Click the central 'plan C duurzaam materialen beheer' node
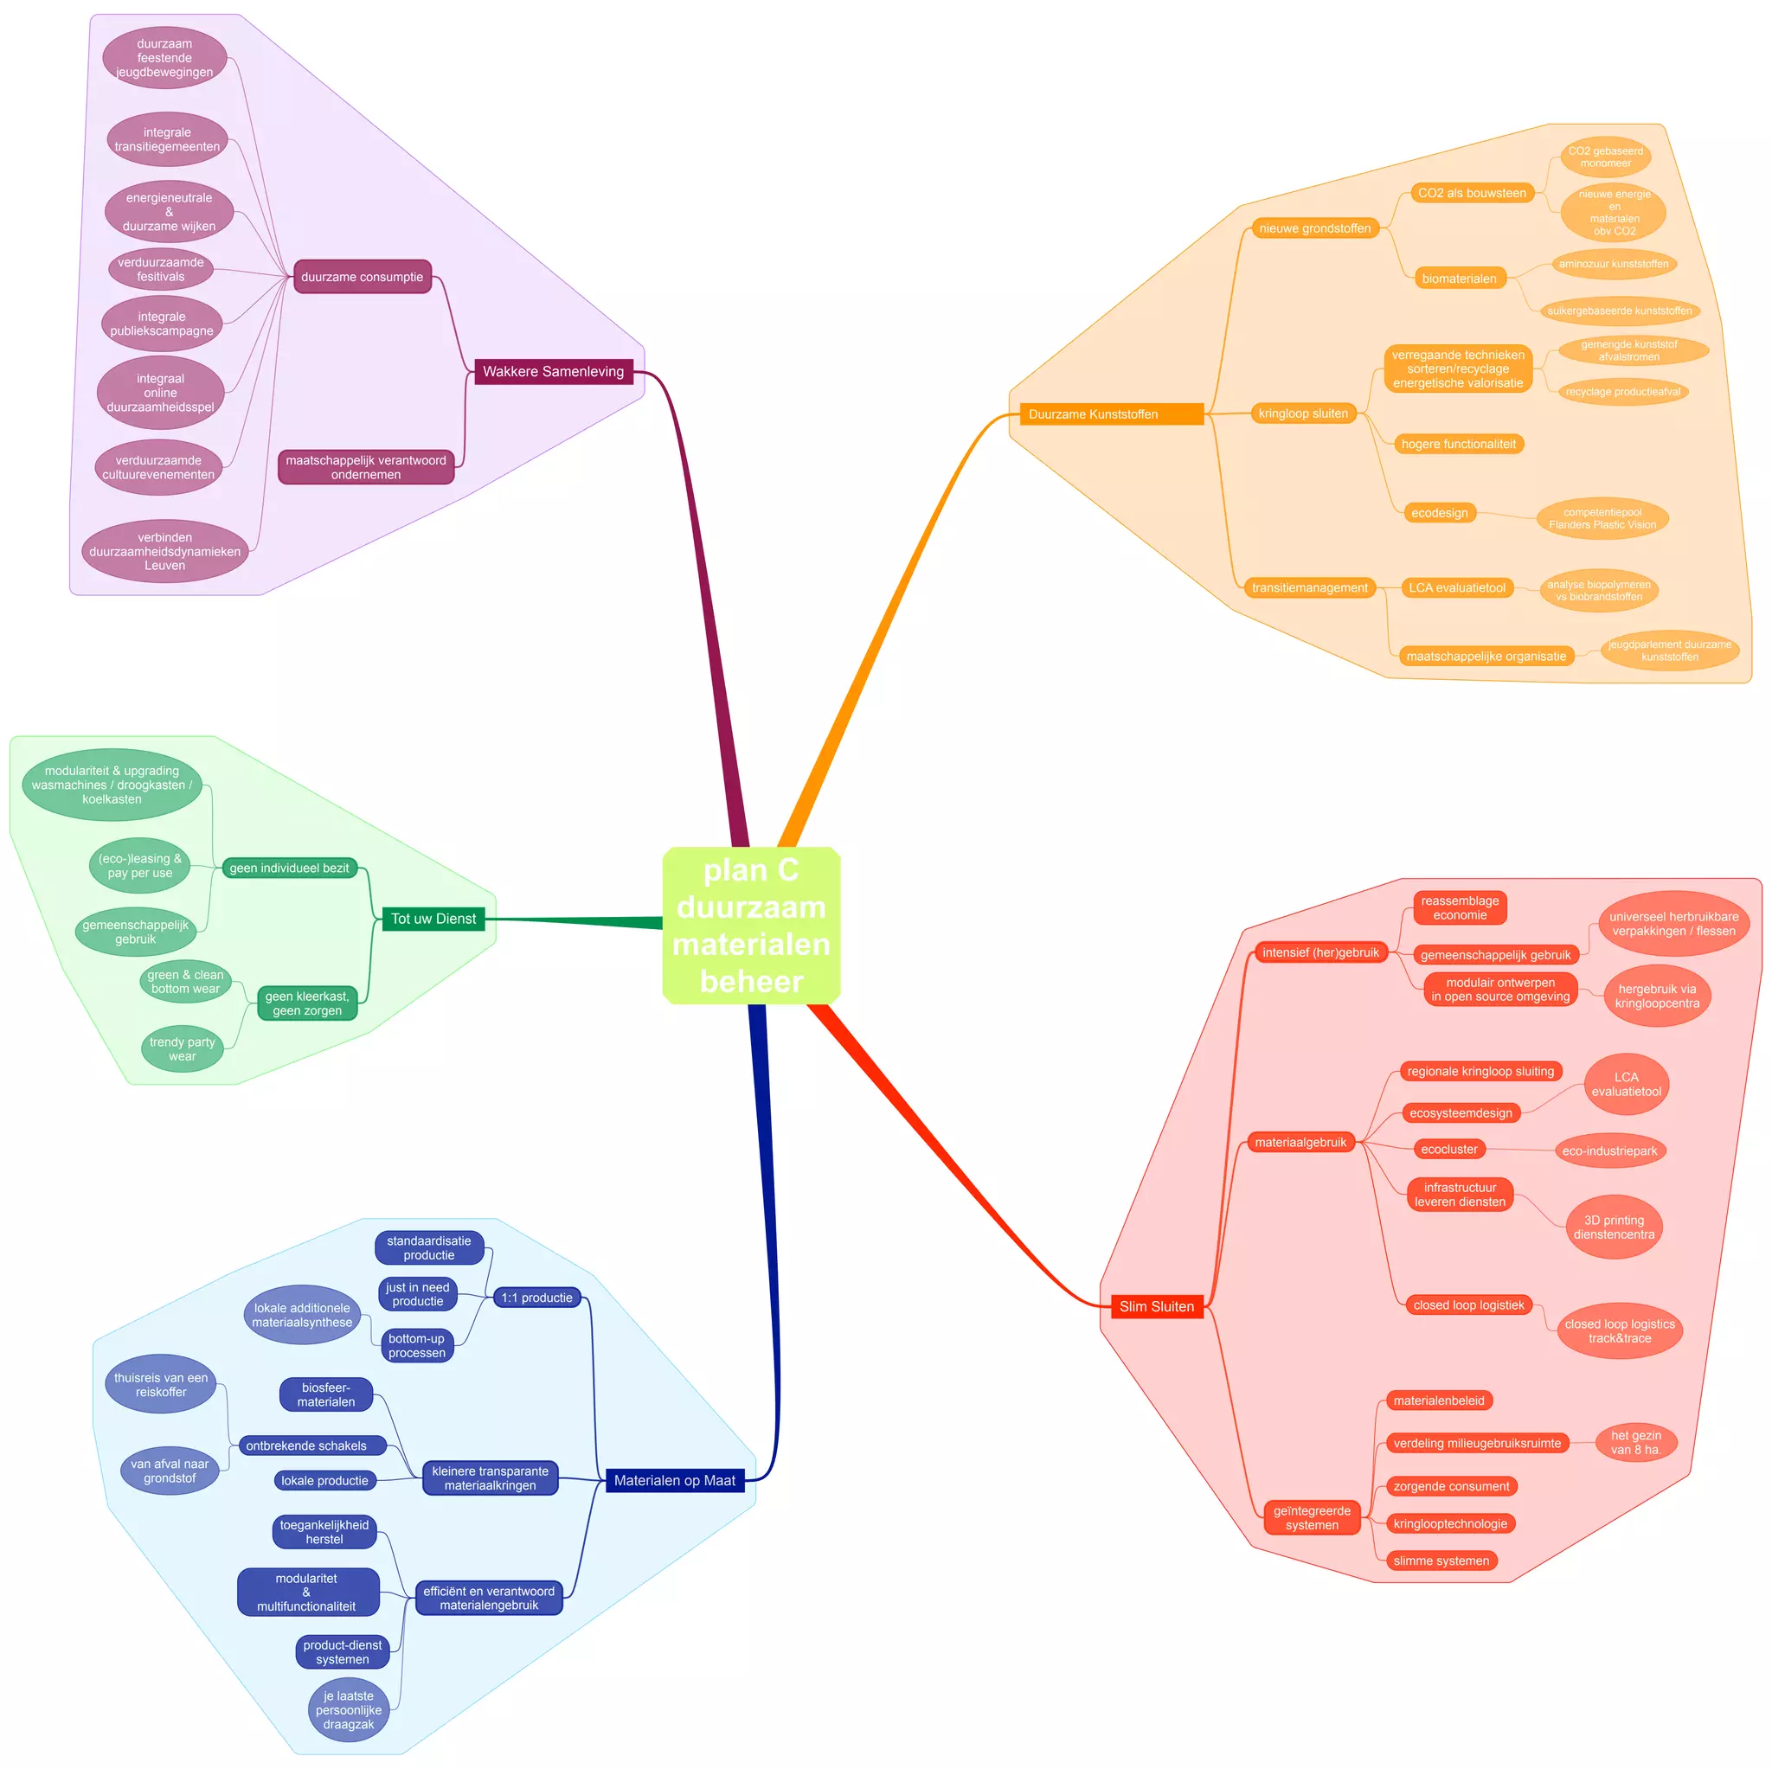tap(750, 925)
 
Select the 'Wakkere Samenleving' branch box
tap(553, 371)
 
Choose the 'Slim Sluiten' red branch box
tap(1156, 1306)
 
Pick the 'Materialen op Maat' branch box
tap(674, 1480)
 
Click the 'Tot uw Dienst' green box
tap(433, 919)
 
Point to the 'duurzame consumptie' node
tap(363, 277)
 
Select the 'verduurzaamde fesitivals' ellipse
tap(161, 270)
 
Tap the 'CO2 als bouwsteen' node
tap(1471, 194)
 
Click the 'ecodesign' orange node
tap(1439, 513)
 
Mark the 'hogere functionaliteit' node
tap(1457, 444)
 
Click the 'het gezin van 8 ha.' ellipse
tap(1635, 1443)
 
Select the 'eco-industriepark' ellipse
tap(1608, 1150)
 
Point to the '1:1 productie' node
tap(536, 1298)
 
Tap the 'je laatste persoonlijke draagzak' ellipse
tap(349, 1710)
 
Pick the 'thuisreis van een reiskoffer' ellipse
tap(161, 1385)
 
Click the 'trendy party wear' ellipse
tap(182, 1049)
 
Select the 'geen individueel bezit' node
tap(289, 868)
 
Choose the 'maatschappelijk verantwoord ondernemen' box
tap(366, 468)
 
